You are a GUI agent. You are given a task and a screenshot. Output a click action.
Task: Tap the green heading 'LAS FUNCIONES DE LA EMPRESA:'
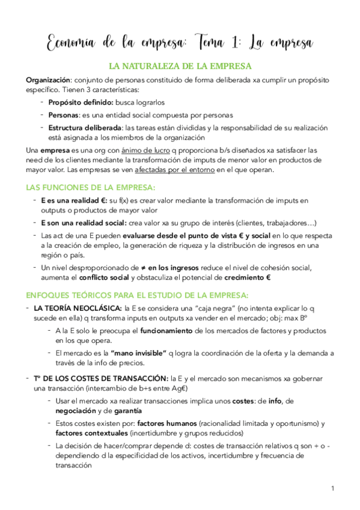pos(91,187)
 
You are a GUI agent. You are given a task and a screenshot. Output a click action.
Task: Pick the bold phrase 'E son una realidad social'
pos(84,222)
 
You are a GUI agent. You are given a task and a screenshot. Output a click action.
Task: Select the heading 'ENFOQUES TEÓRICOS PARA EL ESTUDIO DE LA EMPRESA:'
pos(138,294)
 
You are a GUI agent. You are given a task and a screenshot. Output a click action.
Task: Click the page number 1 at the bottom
pos(332,488)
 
